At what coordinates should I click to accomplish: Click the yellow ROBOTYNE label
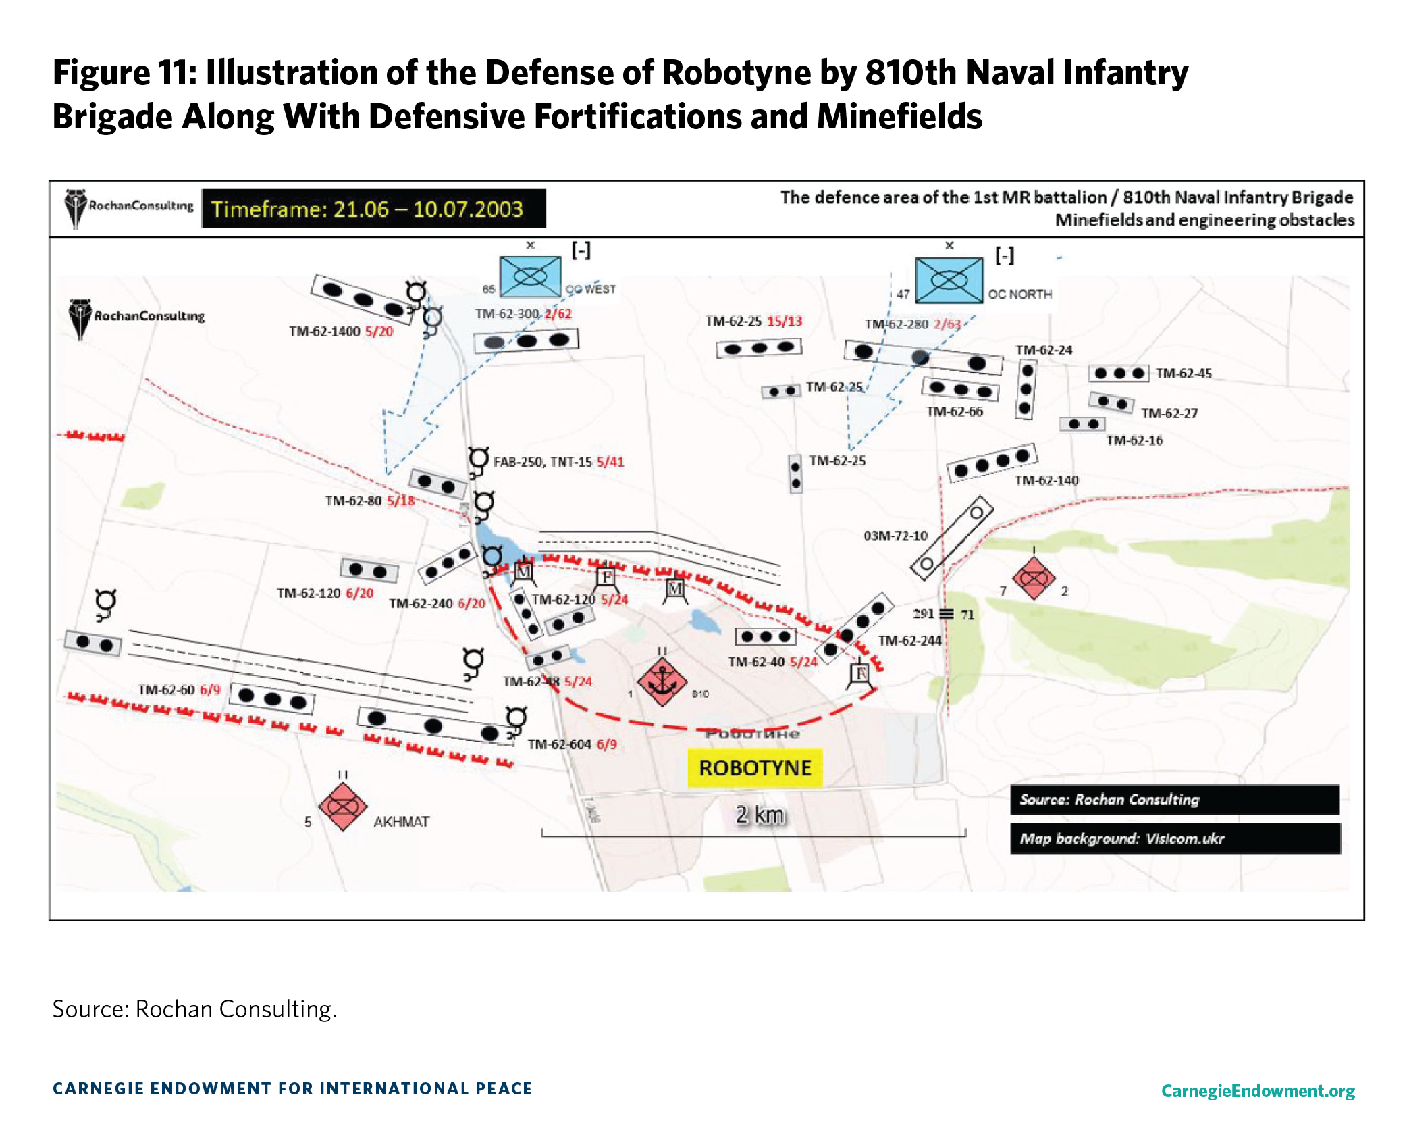(x=755, y=768)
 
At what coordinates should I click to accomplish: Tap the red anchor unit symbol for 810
(x=662, y=682)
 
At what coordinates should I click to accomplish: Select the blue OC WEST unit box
(x=530, y=276)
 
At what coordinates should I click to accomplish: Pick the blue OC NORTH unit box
(x=949, y=280)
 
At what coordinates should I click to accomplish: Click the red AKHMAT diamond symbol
(x=342, y=807)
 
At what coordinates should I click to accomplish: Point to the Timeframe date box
(x=373, y=209)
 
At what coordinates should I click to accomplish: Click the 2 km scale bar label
(x=760, y=815)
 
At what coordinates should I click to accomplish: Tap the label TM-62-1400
(x=324, y=332)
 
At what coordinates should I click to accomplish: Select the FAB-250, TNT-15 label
(x=543, y=462)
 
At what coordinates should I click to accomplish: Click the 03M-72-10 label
(x=895, y=536)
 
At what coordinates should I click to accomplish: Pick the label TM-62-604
(x=559, y=744)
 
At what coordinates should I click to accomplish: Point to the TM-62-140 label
(x=1046, y=480)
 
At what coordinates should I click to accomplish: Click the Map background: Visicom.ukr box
(x=1175, y=838)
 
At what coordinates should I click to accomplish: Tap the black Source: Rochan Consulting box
(x=1175, y=800)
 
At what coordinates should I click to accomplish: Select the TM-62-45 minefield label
(x=1184, y=374)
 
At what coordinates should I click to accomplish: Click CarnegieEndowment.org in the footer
(x=1258, y=1090)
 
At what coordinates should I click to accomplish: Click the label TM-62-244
(x=909, y=640)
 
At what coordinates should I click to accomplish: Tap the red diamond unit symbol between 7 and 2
(x=1033, y=579)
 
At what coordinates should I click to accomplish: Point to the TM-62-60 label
(x=166, y=690)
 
